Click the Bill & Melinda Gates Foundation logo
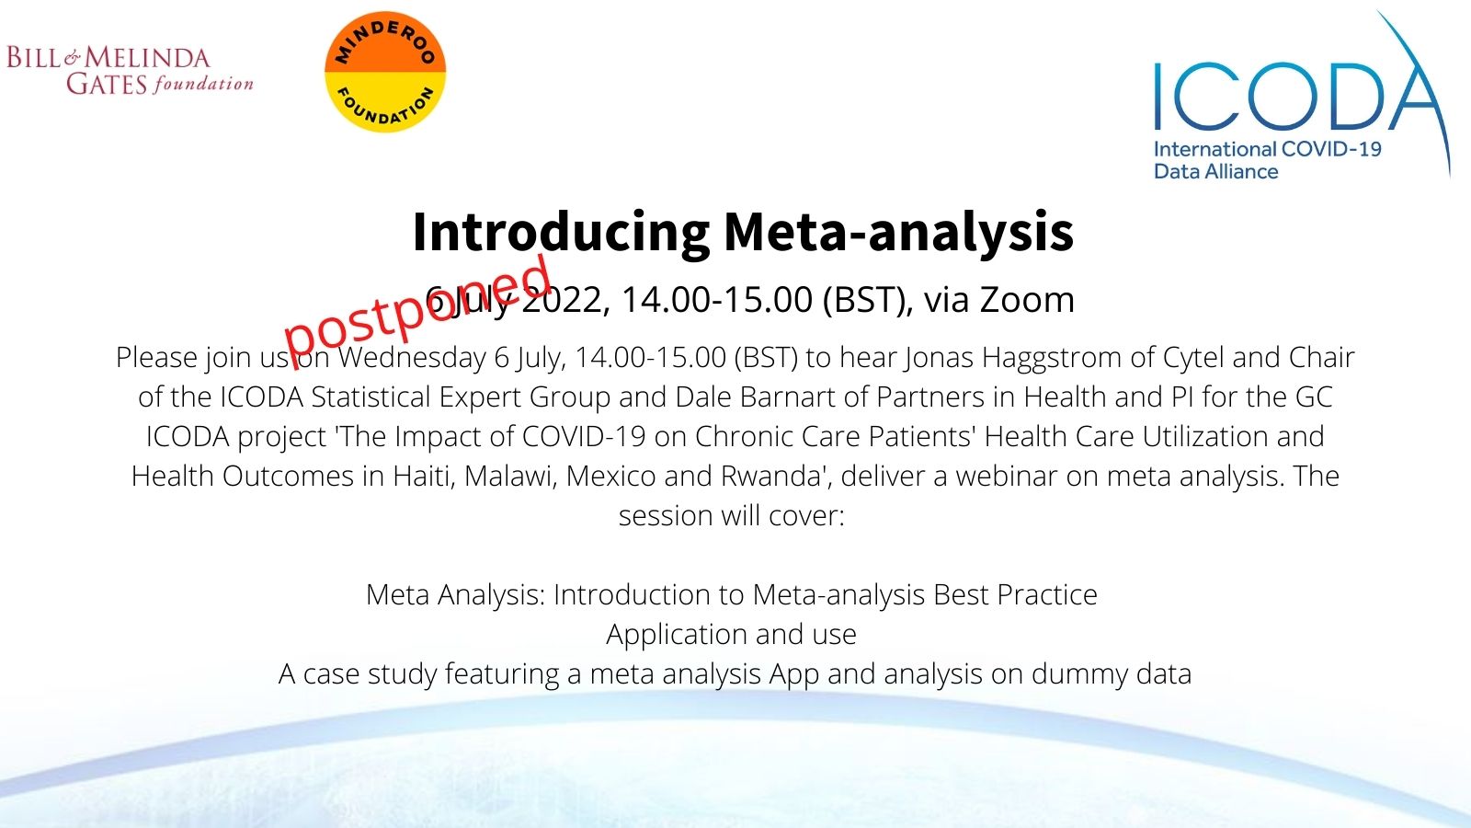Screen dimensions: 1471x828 click(130, 70)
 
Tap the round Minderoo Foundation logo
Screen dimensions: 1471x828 click(385, 72)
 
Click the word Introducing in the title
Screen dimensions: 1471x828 click(561, 233)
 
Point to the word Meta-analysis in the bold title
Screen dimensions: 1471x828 click(898, 233)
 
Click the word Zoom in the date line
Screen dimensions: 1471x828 click(1027, 300)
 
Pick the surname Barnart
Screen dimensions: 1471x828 click(787, 397)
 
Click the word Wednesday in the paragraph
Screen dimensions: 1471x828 click(412, 358)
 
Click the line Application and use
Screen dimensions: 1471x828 click(731, 635)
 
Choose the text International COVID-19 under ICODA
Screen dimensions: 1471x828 click(1268, 149)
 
